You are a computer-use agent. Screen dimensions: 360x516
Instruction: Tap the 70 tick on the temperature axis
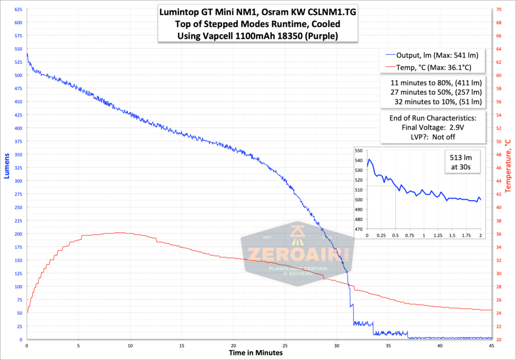coord(498,10)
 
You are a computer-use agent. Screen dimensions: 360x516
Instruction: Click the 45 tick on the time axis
coord(491,346)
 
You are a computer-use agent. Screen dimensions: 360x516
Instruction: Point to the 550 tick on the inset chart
coord(359,151)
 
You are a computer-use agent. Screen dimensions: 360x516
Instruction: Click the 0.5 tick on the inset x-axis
coord(396,236)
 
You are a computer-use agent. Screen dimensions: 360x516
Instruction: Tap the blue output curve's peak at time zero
coord(27,53)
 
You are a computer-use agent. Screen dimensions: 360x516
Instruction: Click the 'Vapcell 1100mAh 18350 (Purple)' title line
coord(257,36)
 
